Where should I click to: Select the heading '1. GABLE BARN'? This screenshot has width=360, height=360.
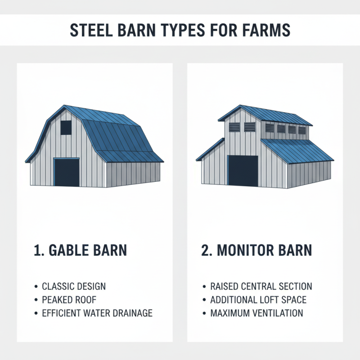point(81,250)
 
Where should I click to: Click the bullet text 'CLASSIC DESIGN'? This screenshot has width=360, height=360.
point(74,286)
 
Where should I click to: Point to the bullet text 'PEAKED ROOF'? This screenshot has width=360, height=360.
point(69,300)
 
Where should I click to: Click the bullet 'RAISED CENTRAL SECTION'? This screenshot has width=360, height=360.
point(261,286)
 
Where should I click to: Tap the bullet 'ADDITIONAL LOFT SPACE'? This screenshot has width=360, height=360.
point(258,300)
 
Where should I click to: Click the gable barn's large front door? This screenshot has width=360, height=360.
point(67,172)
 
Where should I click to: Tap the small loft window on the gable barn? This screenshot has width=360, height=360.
point(66,127)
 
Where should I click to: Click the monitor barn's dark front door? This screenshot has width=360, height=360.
point(243,171)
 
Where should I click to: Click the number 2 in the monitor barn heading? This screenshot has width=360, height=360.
point(206,250)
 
